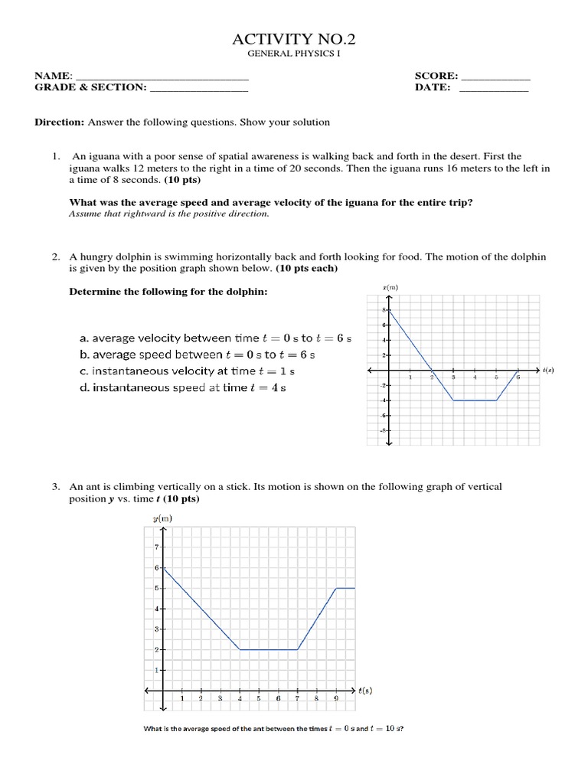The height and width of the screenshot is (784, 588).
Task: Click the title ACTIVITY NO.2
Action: pos(293,40)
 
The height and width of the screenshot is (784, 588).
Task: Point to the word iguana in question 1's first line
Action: pos(102,155)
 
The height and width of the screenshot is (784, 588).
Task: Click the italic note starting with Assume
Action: pos(169,214)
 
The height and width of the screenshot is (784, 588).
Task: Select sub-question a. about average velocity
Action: pos(214,338)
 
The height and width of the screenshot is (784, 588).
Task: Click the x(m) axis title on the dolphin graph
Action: pos(389,287)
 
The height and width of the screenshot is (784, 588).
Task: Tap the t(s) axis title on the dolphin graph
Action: pos(548,371)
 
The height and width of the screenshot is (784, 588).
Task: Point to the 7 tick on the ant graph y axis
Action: pos(156,547)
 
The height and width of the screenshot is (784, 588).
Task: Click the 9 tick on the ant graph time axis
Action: pos(335,699)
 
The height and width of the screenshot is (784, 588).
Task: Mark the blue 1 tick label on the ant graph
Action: pos(156,671)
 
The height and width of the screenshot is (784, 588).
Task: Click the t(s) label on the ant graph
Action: pos(365,691)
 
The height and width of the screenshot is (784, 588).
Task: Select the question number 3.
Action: pos(56,486)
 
